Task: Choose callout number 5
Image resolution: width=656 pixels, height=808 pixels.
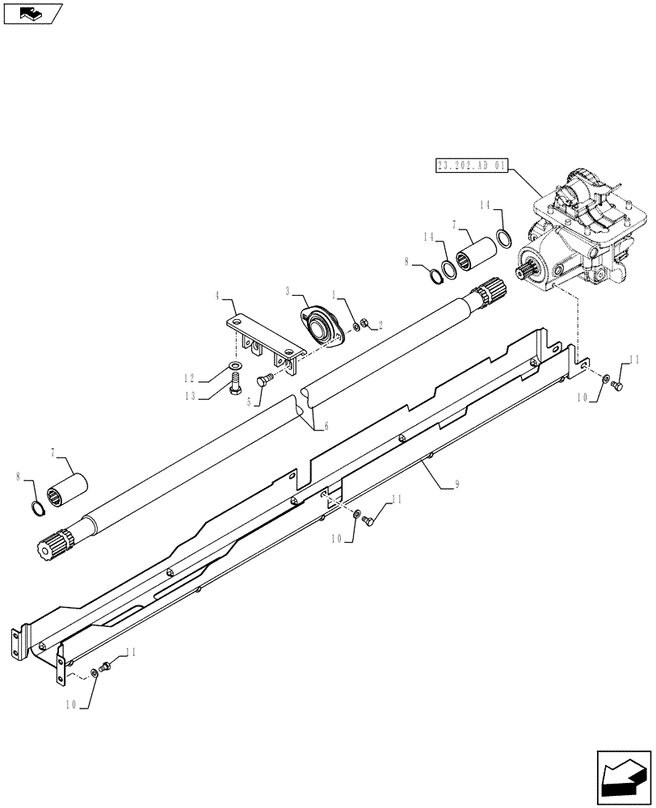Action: pos(259,398)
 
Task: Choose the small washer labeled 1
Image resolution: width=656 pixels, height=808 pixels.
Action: pos(356,326)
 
